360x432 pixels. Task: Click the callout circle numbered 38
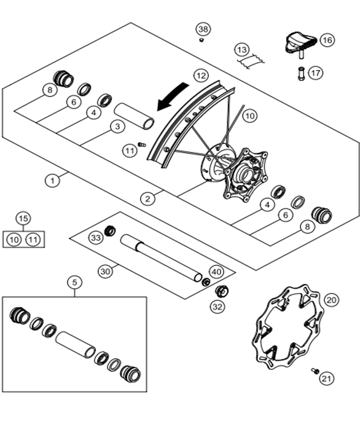(x=203, y=29)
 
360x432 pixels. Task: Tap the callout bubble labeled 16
(x=327, y=40)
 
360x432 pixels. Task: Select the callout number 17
(x=316, y=73)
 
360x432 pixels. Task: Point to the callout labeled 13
(x=242, y=50)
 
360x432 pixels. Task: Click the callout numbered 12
(x=201, y=76)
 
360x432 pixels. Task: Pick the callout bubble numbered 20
(x=331, y=300)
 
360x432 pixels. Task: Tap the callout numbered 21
(x=327, y=379)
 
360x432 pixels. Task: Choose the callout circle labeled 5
(x=75, y=282)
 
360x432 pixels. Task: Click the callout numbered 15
(x=23, y=219)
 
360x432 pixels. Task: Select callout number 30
(x=105, y=272)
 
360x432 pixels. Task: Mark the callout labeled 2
(x=147, y=198)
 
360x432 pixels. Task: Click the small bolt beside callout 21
(x=315, y=371)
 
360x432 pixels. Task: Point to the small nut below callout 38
(x=202, y=40)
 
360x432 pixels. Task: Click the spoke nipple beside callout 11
(x=141, y=144)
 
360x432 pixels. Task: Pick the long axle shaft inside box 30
(x=162, y=258)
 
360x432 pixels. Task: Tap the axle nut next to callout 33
(x=110, y=230)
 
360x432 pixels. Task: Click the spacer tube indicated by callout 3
(x=134, y=116)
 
